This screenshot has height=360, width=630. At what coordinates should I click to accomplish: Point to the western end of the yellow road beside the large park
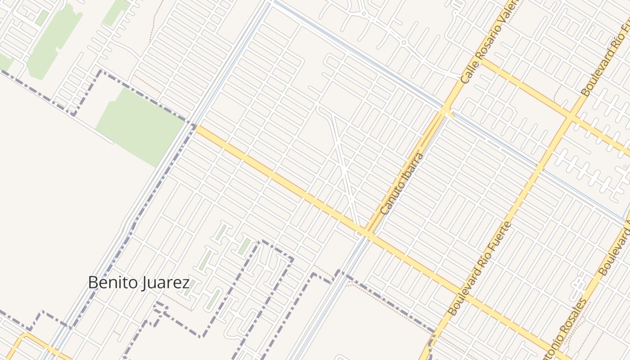(x=197, y=127)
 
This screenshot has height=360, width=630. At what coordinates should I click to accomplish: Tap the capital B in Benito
(x=93, y=283)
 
